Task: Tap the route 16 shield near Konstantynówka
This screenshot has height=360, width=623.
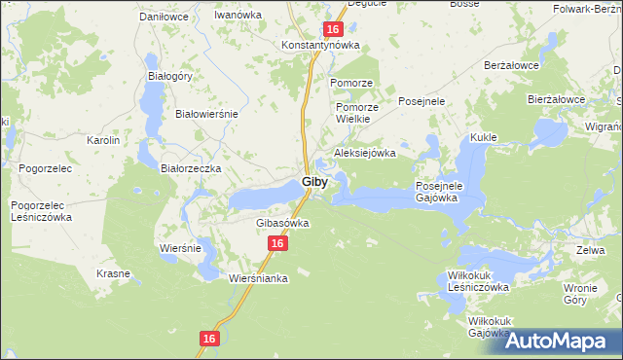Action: [x=332, y=31]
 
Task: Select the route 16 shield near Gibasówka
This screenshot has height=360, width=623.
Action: [x=277, y=244]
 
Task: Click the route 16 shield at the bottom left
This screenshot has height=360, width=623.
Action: [x=209, y=338]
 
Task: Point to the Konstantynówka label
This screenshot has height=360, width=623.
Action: [x=320, y=46]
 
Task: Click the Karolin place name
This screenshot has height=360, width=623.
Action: [x=103, y=140]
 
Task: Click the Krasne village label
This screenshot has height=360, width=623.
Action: [x=113, y=273]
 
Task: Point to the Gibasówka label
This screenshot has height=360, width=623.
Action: [x=282, y=223]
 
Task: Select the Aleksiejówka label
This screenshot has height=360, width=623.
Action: [x=365, y=153]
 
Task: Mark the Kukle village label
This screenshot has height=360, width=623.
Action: [x=484, y=138]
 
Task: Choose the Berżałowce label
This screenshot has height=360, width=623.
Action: [x=512, y=65]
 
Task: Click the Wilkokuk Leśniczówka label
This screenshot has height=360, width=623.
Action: [x=479, y=281]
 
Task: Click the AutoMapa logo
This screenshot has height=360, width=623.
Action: [x=558, y=341]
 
